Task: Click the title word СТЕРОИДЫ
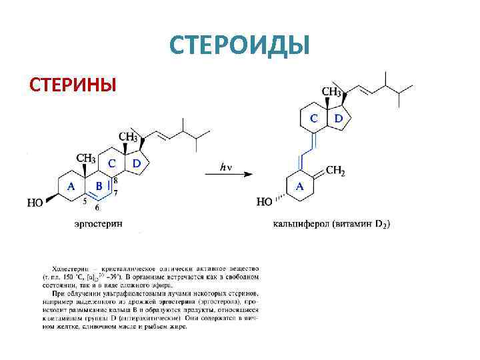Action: coord(240,45)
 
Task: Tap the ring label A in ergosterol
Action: coord(70,186)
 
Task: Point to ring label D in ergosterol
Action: coord(137,163)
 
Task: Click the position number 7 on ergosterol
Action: coord(115,193)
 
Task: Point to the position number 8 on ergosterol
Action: coord(115,179)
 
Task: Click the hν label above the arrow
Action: coord(227,167)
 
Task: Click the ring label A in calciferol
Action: coord(300,187)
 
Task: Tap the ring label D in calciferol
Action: coord(338,119)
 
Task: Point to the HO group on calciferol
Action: coord(265,201)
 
